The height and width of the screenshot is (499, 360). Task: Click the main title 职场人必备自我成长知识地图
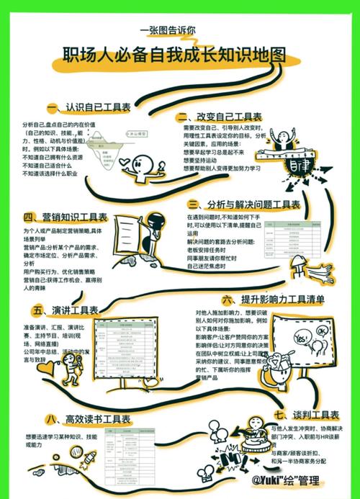pyautogui.click(x=173, y=55)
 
